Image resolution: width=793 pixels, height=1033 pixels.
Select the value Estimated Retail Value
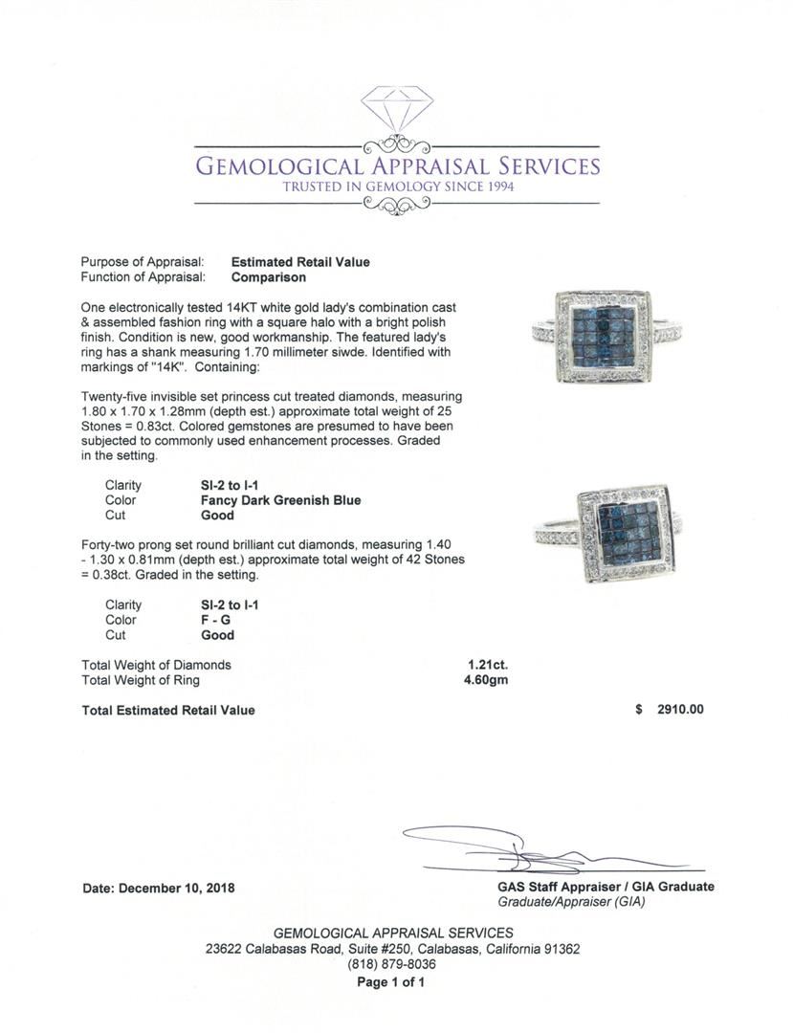point(300,262)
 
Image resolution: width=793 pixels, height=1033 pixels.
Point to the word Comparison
point(269,277)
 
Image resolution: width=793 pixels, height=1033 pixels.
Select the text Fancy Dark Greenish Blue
point(275,500)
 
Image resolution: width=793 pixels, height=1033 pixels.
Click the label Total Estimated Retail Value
point(168,710)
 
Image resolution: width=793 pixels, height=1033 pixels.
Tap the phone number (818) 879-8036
point(392,965)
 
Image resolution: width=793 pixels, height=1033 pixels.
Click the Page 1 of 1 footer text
point(391,982)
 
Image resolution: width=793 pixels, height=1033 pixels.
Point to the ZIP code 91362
point(558,950)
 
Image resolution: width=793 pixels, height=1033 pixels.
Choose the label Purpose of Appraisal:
point(142,262)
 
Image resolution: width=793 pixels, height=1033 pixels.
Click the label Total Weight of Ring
point(142,680)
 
